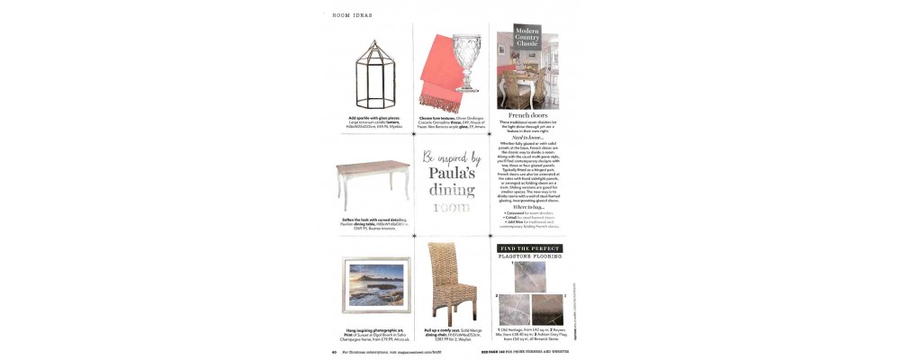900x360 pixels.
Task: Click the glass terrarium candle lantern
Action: [364, 71]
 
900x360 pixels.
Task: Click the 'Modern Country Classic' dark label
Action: [526, 37]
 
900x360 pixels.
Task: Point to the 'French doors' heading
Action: [528, 116]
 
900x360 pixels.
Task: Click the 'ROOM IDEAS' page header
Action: [352, 15]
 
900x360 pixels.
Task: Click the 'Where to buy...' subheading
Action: [528, 206]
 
